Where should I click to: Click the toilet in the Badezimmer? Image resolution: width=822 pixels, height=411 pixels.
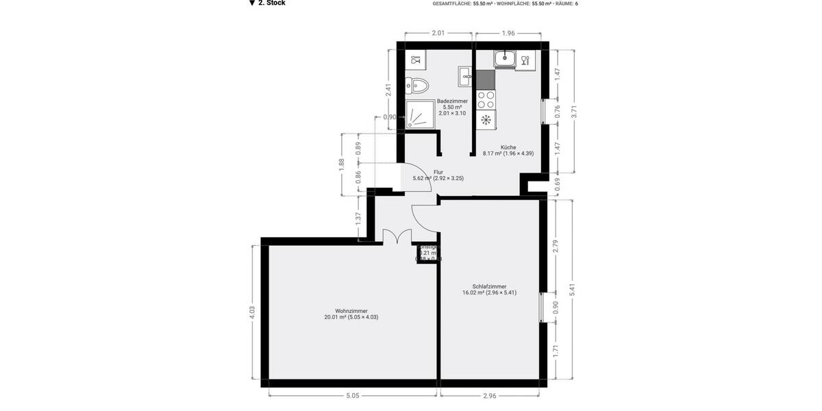pyautogui.click(x=417, y=86)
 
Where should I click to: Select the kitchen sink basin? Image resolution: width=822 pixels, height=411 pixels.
pyautogui.click(x=506, y=59)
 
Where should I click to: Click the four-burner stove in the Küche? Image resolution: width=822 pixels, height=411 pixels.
pyautogui.click(x=486, y=99)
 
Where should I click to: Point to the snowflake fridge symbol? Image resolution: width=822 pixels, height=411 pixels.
pyautogui.click(x=486, y=121)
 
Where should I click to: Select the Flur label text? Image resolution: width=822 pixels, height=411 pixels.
pyautogui.click(x=438, y=173)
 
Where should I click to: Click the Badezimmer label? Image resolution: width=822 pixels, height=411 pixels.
pyautogui.click(x=452, y=101)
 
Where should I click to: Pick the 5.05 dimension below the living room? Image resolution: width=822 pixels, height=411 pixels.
pyautogui.click(x=353, y=395)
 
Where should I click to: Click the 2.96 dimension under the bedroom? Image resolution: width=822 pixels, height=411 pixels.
pyautogui.click(x=489, y=395)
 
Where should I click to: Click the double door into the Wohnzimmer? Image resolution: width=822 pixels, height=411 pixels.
pyautogui.click(x=393, y=237)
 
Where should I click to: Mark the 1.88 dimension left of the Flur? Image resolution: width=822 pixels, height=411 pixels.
pyautogui.click(x=342, y=164)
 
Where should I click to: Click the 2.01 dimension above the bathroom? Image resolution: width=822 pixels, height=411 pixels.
pyautogui.click(x=438, y=33)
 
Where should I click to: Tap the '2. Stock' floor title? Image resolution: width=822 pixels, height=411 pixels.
pyautogui.click(x=271, y=3)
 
